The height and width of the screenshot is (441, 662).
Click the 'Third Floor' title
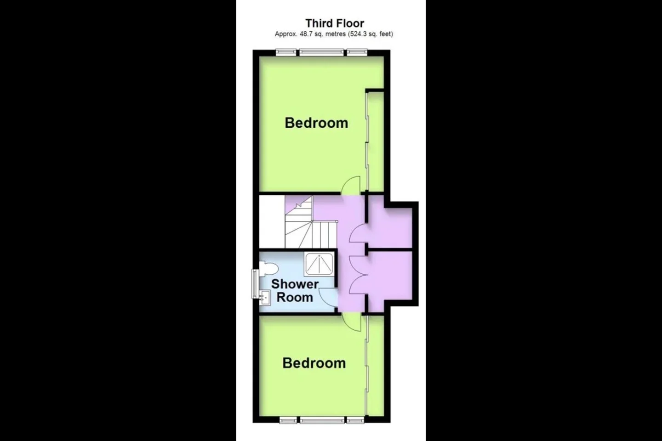coord(335,23)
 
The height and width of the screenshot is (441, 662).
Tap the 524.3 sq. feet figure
coord(371,34)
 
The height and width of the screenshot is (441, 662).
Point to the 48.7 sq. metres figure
coord(323,34)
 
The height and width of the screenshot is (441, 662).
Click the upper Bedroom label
coord(316,123)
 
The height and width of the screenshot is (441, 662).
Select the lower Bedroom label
coord(314,363)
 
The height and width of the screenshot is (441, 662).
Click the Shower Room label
coord(295,291)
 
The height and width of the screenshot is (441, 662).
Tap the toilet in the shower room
coord(268,268)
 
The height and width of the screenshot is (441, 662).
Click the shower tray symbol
coord(319,264)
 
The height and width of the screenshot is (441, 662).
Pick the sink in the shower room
coord(265,298)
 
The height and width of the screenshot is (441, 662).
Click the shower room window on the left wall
coord(255,283)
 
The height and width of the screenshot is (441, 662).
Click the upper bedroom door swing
coord(351,186)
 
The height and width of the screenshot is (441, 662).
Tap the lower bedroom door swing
coord(351,322)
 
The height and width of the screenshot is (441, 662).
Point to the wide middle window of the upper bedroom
coord(321,52)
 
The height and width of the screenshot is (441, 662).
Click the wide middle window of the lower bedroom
coord(322,420)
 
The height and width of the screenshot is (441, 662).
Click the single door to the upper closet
coord(359,233)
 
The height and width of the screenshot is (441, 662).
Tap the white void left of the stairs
coord(272,222)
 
